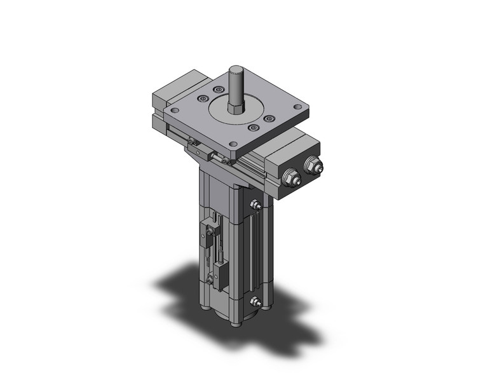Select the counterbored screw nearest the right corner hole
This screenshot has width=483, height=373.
tap(269, 119)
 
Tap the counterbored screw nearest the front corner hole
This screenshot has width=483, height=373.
tap(254, 128)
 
